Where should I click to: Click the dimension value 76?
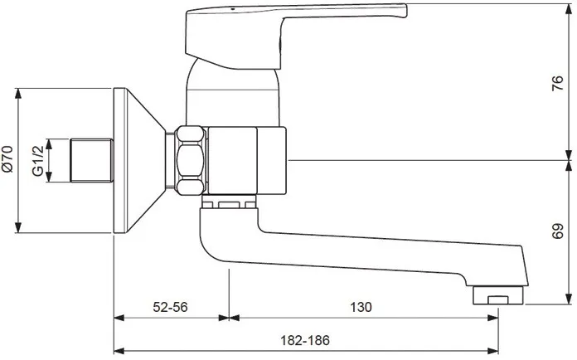[558, 83]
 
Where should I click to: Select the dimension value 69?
[558, 231]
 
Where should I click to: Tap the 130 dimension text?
[361, 307]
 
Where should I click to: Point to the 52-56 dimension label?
[170, 307]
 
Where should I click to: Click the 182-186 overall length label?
[305, 340]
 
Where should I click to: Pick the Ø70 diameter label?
[7, 159]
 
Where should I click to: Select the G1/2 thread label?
[38, 161]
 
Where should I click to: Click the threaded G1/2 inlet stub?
[92, 160]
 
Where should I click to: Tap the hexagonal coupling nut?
[190, 160]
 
